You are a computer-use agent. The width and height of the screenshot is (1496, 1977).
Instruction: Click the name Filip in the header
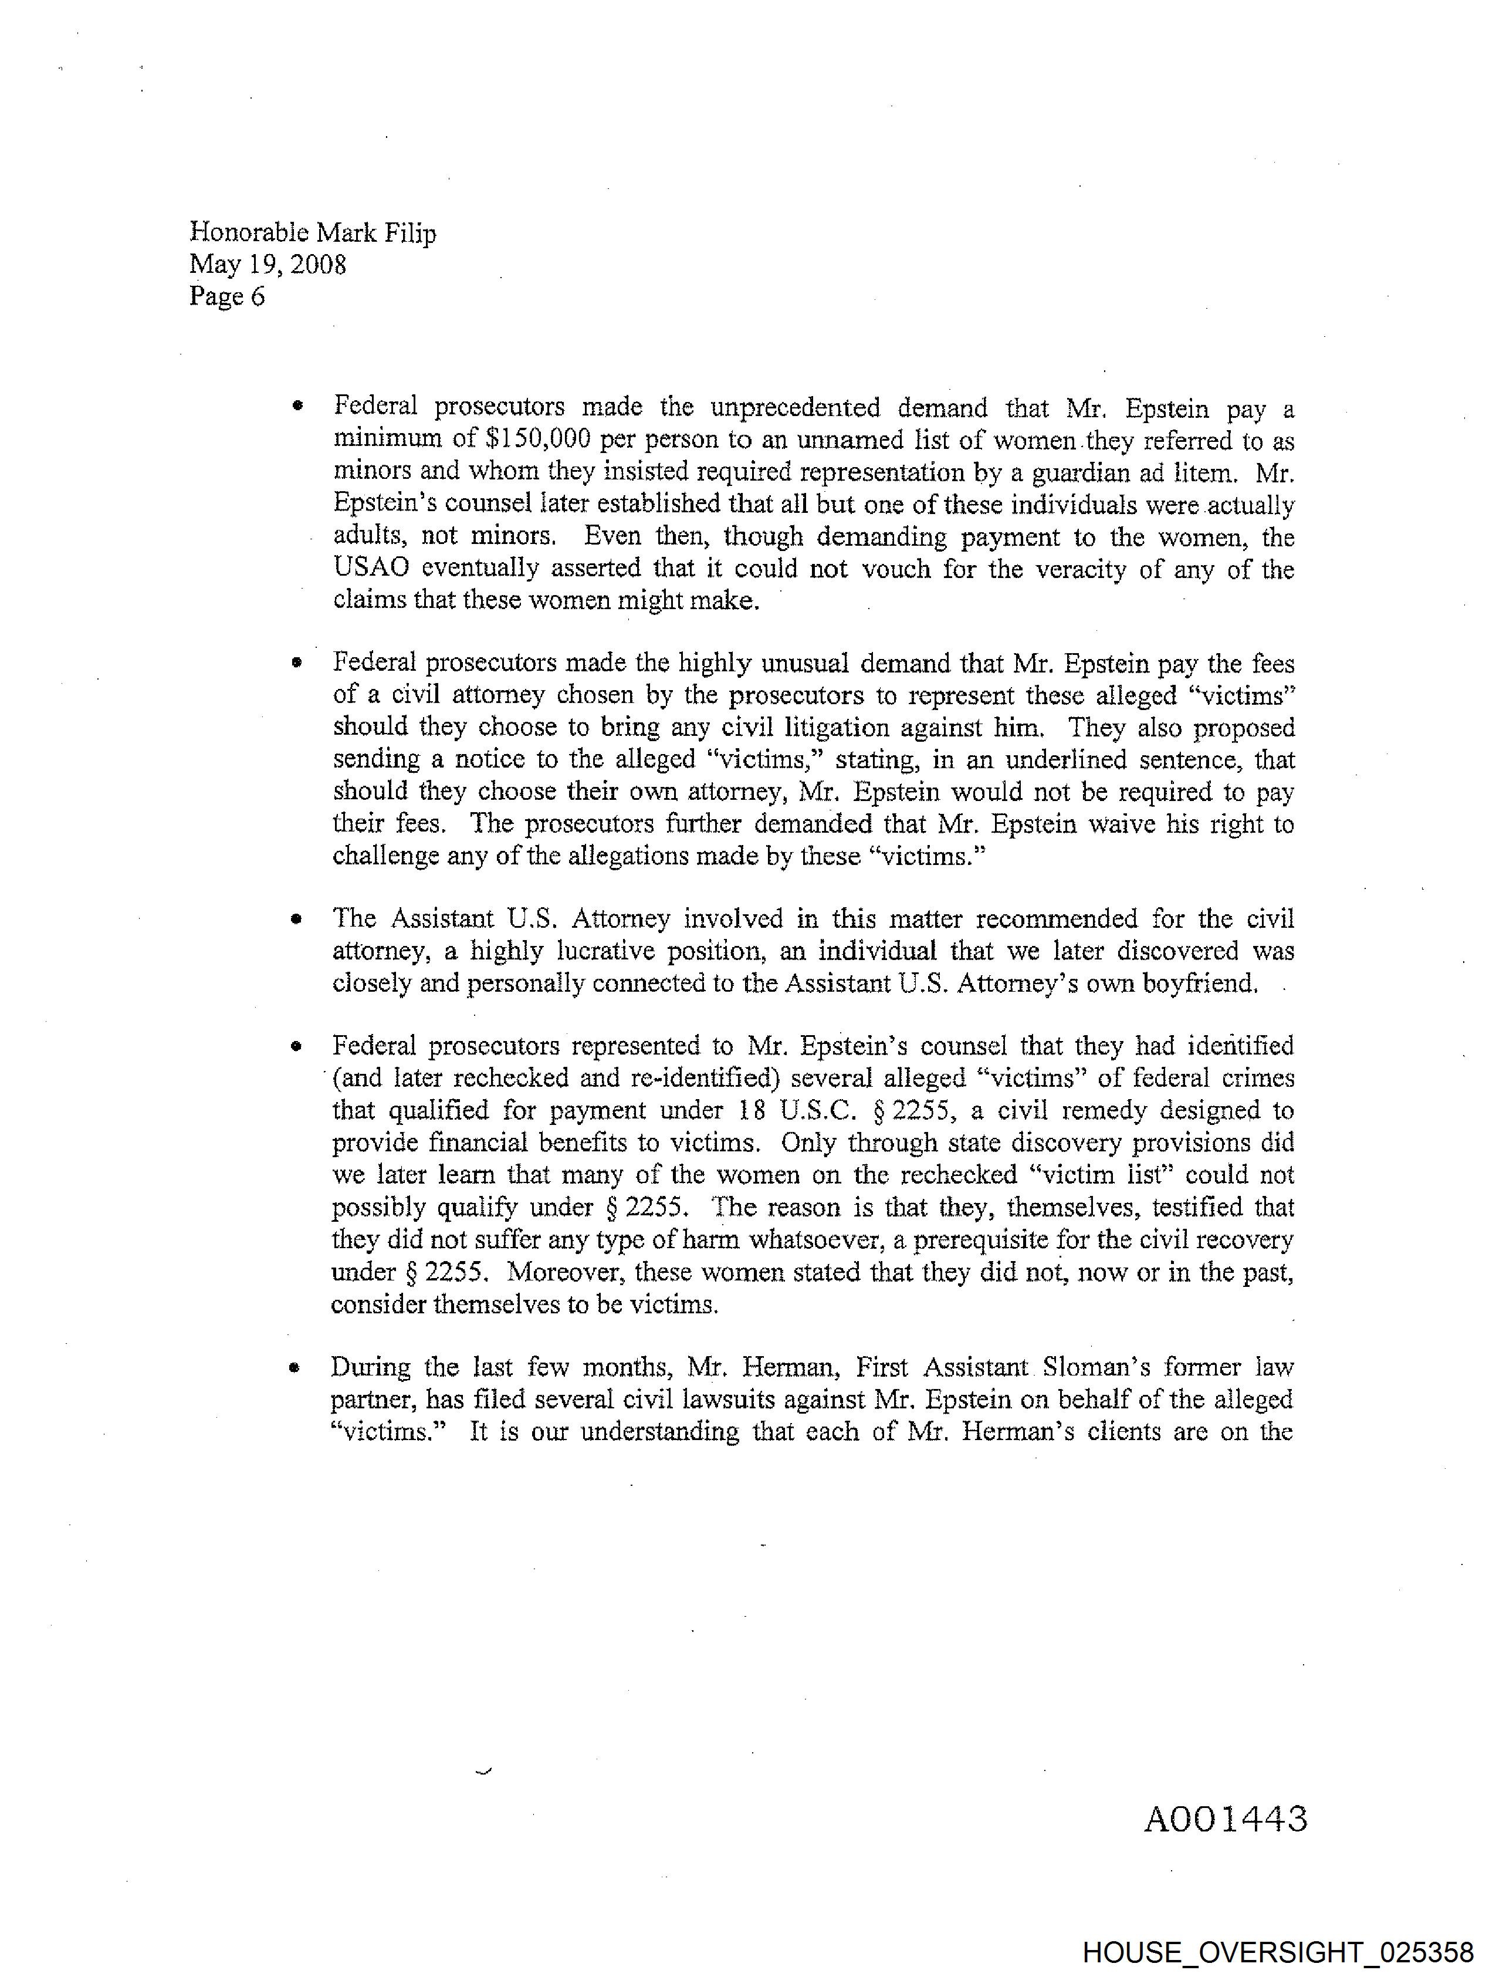coord(410,234)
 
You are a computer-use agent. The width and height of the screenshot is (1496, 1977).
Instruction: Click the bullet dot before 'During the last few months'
coord(293,1367)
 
